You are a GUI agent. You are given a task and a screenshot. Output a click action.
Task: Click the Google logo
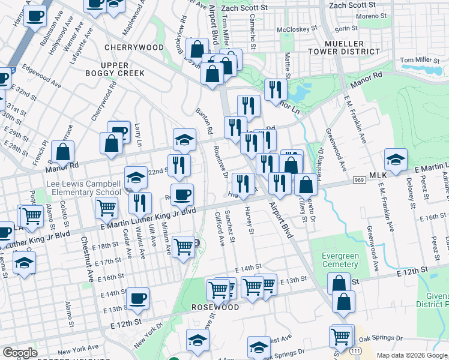coord(20,353)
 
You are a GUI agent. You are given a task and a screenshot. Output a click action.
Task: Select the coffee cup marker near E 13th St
coord(138,297)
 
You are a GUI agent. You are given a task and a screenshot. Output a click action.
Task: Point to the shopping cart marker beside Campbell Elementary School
coord(107,208)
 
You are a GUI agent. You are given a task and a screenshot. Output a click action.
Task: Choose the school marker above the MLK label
coord(396,159)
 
